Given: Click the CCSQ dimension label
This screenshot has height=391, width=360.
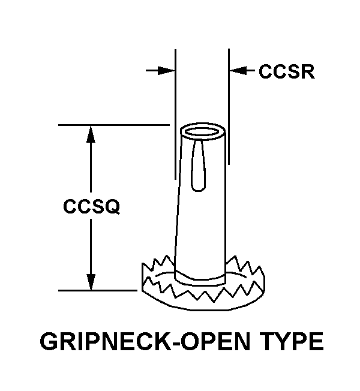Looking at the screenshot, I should [92, 207].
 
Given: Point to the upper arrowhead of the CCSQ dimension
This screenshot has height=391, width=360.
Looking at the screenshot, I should [91, 133].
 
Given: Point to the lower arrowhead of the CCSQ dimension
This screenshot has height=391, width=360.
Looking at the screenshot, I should [91, 282].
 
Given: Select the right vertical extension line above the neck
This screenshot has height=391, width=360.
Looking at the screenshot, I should [229, 90].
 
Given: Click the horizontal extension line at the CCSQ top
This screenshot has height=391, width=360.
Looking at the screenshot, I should [114, 125].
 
